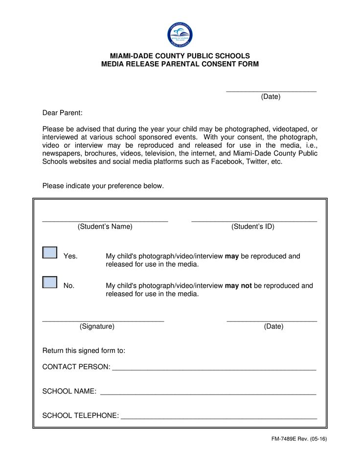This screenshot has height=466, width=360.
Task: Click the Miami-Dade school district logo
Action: click(x=180, y=34)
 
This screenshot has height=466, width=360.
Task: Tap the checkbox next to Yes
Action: click(x=50, y=253)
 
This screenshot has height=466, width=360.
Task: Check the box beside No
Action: click(x=50, y=282)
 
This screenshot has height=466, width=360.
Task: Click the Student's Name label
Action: click(x=105, y=227)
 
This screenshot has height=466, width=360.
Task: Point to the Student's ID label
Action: click(x=253, y=227)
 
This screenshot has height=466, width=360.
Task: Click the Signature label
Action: click(x=97, y=326)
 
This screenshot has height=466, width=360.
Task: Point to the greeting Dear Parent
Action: click(x=63, y=113)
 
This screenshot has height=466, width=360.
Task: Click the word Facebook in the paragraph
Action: click(x=226, y=162)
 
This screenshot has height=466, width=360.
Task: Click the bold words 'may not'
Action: click(x=238, y=286)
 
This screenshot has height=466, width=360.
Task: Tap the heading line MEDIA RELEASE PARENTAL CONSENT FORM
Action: click(x=180, y=64)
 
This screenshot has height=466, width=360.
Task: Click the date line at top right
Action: click(x=271, y=90)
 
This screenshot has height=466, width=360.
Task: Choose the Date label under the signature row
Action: click(x=273, y=326)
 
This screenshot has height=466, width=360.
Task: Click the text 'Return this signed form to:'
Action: click(x=84, y=350)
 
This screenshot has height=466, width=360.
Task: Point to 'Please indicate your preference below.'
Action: click(x=103, y=186)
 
